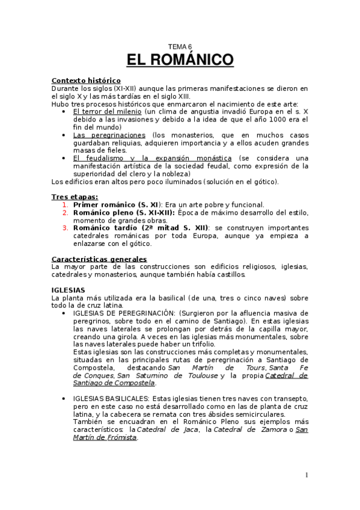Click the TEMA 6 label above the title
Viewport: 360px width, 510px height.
[x=180, y=47]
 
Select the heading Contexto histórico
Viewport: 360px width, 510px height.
[x=86, y=81]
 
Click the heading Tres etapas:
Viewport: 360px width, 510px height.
[x=75, y=197]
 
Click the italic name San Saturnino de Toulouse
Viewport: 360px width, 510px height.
[x=167, y=375]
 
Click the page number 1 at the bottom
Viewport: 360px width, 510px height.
[x=307, y=476]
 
